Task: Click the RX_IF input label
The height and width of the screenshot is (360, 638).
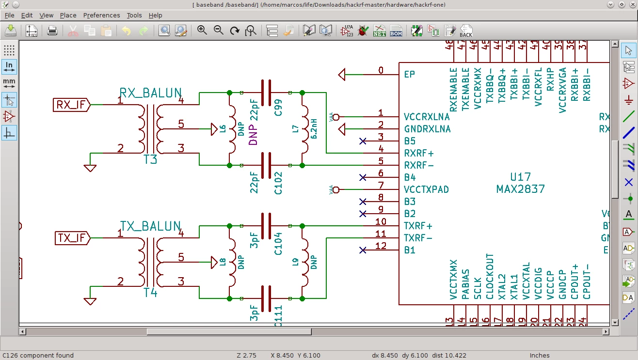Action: pos(71,105)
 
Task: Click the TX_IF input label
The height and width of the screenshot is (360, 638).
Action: pos(71,238)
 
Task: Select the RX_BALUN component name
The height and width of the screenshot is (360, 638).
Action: pos(150,93)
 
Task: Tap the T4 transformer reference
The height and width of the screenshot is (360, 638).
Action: pos(150,293)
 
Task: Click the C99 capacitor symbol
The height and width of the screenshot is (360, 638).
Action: pos(266,93)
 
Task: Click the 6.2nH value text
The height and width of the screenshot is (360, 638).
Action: pos(314,129)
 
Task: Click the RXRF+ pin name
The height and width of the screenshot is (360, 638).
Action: pos(418,153)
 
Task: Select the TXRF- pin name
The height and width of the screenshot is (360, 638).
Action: pos(417,238)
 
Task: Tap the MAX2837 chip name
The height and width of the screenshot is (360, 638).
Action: pos(521,189)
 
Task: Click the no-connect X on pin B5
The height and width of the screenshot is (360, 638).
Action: pos(363,141)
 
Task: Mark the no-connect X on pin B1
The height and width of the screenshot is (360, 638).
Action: pos(363,250)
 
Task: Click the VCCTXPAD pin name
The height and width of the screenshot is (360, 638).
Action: pos(426,189)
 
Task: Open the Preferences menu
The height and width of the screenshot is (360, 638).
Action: pos(101,16)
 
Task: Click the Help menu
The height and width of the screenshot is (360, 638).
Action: pos(155,16)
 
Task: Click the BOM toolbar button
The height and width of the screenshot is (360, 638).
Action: pos(396,31)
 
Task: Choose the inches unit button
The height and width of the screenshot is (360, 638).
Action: pos(9,66)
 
